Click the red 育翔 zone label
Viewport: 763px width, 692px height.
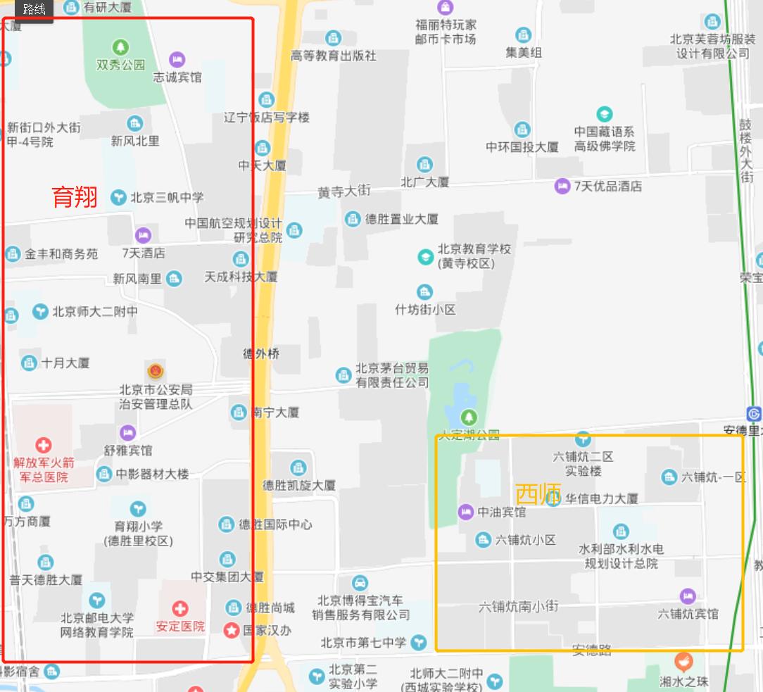point(75,197)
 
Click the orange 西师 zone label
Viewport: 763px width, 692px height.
point(538,494)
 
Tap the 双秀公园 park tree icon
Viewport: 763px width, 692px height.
point(121,48)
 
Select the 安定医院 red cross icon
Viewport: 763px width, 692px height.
point(180,608)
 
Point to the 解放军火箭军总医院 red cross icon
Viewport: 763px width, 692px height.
point(44,445)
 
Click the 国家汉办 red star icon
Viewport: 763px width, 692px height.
point(231,631)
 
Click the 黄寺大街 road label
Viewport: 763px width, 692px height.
point(343,191)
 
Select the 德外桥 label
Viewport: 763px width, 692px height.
point(262,353)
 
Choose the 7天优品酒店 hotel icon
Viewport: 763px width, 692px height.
point(562,186)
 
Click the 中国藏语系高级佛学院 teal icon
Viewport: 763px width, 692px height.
point(604,114)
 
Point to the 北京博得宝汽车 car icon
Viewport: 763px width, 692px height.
point(360,583)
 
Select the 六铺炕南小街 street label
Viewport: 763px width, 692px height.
point(518,606)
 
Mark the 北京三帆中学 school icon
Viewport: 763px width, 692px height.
point(118,198)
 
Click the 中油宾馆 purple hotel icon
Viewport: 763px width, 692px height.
point(465,512)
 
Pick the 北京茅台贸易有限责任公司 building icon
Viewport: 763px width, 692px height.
point(343,375)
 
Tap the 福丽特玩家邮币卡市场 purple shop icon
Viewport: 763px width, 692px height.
point(445,8)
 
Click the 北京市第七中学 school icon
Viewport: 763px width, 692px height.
point(419,642)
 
